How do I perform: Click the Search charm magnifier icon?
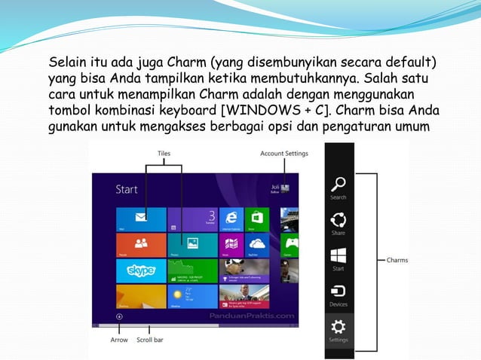coord(339,183)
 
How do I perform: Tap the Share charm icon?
coord(339,219)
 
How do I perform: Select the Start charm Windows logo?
coord(339,255)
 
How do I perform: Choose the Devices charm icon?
coord(339,291)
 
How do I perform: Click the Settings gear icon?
coord(339,326)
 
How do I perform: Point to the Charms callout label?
coord(397,261)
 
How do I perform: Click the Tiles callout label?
coord(164,153)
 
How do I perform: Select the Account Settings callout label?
coord(283,153)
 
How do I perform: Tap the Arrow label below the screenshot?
coord(118,340)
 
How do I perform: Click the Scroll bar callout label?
coord(150,340)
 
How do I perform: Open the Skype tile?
coord(141,270)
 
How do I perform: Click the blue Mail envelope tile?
coord(141,218)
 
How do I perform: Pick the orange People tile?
coord(141,244)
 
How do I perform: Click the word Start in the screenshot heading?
coord(127,189)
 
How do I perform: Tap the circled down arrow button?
coord(119,317)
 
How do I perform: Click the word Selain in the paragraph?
coord(66,61)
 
